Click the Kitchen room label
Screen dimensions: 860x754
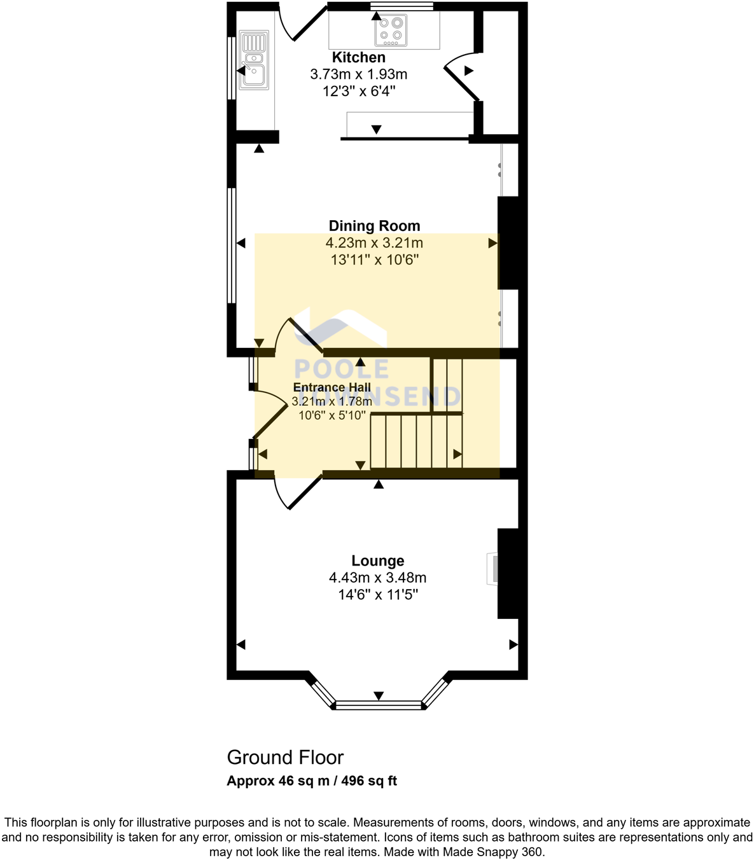coord(358,57)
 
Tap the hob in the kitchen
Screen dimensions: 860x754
coord(391,30)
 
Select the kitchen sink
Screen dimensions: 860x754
coord(253,60)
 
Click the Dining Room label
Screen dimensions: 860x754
coord(374,226)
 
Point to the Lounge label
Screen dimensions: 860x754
coord(377,560)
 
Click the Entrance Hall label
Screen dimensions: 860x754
coord(332,387)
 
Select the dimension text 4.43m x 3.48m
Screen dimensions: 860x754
coord(377,578)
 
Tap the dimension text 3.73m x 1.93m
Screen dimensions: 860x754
coord(358,74)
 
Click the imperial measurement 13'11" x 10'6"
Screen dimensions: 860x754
coord(374,260)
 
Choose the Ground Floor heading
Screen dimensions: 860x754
coord(285,757)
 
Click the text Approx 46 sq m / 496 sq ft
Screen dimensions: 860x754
coord(312,780)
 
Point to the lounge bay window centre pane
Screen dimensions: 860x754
coord(379,705)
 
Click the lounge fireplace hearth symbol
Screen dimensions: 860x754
coord(492,569)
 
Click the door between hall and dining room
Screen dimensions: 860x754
coord(299,333)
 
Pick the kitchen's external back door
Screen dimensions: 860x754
coord(303,23)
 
